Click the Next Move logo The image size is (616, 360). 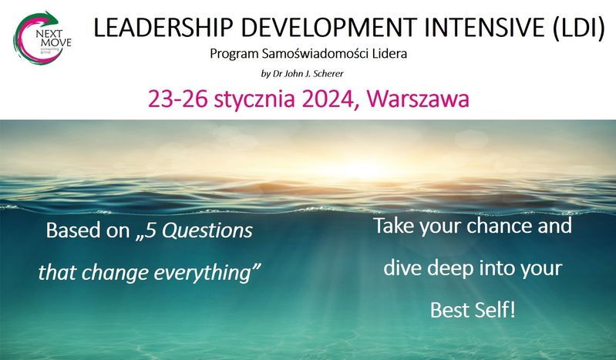(42, 37)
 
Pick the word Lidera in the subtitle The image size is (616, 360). (389, 53)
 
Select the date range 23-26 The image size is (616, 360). (177, 99)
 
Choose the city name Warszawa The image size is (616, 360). (418, 99)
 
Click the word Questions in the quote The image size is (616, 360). (208, 230)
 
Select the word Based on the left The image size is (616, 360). (74, 230)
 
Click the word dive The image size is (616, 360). (402, 267)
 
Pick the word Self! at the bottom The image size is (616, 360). (495, 310)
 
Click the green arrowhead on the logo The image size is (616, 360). (51, 18)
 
